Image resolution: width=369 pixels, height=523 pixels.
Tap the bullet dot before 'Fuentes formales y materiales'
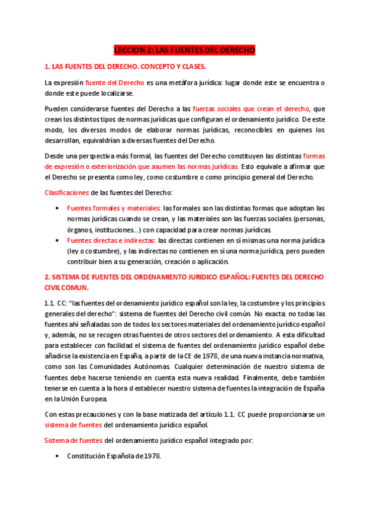(x=57, y=209)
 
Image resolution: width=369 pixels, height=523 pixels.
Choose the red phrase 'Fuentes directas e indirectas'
(x=111, y=241)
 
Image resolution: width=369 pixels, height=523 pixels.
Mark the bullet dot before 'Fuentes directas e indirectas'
(x=57, y=241)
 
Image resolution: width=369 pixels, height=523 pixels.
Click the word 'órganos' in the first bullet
(x=78, y=230)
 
